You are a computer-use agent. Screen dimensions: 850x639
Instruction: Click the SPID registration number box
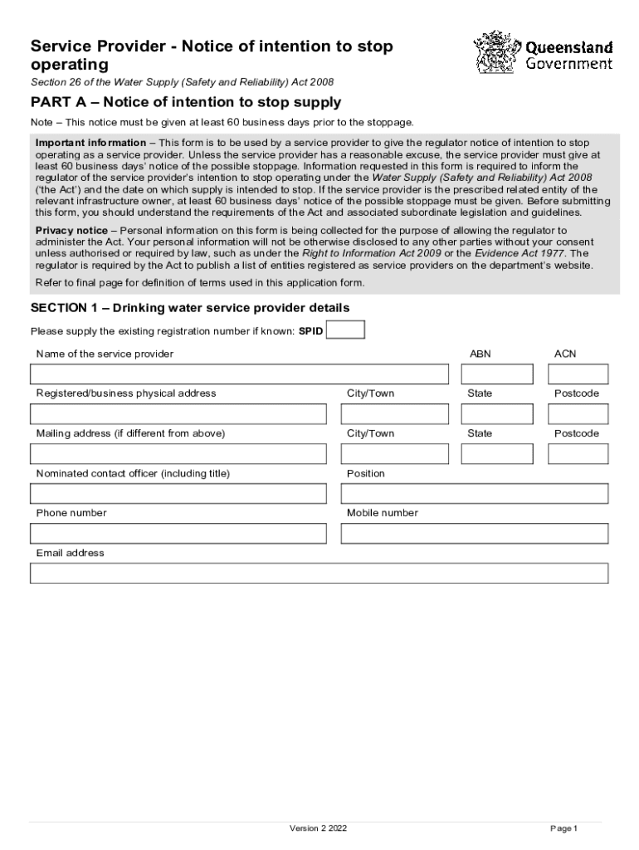(x=345, y=330)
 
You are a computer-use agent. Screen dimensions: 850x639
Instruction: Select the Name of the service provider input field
(x=240, y=374)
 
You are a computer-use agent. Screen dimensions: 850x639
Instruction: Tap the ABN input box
(x=497, y=374)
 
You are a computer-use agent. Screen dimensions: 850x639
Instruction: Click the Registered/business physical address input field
(x=178, y=413)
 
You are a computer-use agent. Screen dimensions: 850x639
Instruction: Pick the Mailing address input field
(x=178, y=453)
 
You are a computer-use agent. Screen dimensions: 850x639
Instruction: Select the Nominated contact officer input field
(x=178, y=493)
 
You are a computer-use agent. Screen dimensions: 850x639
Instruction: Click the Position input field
(x=474, y=493)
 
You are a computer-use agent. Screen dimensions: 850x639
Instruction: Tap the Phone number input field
(x=178, y=533)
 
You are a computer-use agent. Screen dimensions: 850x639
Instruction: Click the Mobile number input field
(x=474, y=533)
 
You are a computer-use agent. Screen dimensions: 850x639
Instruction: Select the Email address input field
(x=319, y=573)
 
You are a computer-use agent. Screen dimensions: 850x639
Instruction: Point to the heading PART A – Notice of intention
(x=186, y=103)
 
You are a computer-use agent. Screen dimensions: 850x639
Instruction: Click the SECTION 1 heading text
(x=190, y=308)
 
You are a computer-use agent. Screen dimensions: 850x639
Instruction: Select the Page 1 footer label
(x=563, y=828)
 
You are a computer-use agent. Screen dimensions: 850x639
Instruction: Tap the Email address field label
(x=71, y=553)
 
